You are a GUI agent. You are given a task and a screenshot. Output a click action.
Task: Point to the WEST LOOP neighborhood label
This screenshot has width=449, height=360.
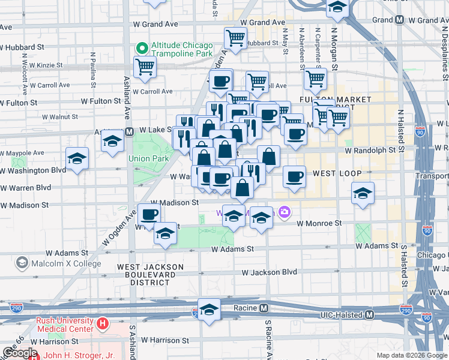pos(337,173)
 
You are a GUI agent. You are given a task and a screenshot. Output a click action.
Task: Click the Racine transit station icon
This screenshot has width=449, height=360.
pos(264,308)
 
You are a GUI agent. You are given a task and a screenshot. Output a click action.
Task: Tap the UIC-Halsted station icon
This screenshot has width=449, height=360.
pos(370,314)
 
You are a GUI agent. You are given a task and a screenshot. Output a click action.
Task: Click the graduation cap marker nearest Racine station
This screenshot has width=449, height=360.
pos(209,310)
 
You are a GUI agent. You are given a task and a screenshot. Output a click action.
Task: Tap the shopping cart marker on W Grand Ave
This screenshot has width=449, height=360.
pos(235,38)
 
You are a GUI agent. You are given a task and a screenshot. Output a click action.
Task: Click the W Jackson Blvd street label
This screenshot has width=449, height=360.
pos(270,272)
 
